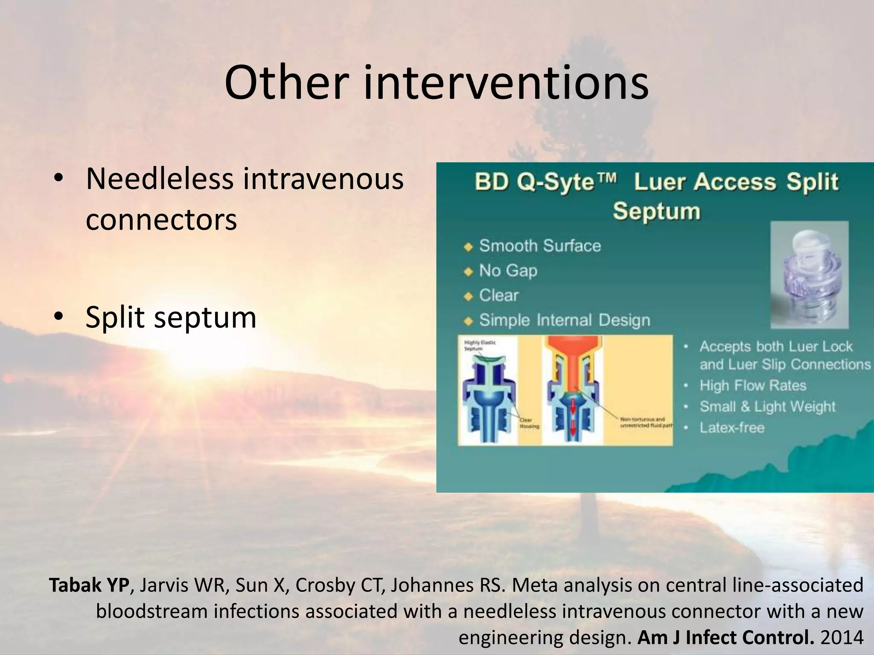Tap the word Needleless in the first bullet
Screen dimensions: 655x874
point(159,179)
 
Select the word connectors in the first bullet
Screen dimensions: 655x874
point(161,220)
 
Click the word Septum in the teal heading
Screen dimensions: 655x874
point(656,212)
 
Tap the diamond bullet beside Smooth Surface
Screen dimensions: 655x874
point(469,247)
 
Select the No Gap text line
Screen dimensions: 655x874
point(508,271)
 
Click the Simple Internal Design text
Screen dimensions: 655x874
point(564,320)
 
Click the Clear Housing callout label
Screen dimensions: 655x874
point(529,423)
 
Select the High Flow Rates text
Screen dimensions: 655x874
point(753,385)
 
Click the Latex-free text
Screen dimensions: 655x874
point(731,428)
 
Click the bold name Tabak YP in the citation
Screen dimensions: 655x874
point(89,585)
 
